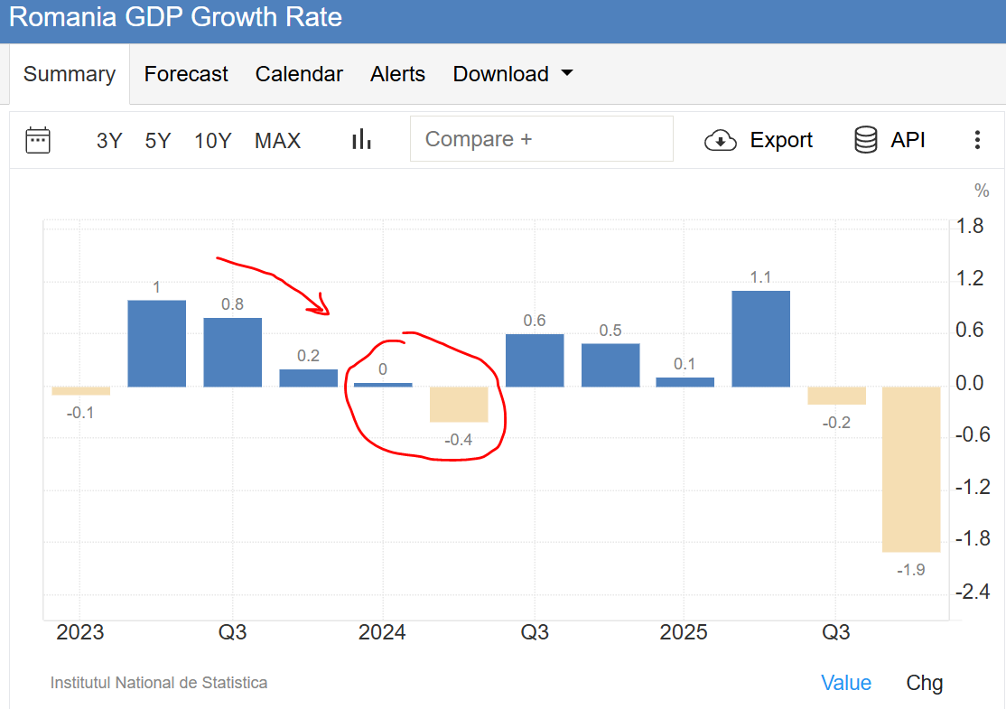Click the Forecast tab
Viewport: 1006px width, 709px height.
(x=186, y=74)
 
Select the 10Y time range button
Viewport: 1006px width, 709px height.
(x=213, y=141)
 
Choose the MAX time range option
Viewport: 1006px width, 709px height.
(x=277, y=141)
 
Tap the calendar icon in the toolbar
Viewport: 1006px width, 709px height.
(x=38, y=140)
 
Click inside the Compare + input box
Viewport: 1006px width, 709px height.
(x=541, y=139)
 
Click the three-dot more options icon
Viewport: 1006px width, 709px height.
(x=977, y=140)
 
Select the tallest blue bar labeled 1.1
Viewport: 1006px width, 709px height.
(x=760, y=339)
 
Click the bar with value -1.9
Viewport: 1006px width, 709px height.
(x=911, y=469)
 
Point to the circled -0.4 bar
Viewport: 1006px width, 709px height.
(x=459, y=404)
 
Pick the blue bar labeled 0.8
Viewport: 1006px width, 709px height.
(x=232, y=352)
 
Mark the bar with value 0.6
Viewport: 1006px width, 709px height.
(x=535, y=360)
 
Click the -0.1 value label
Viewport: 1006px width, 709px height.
(x=80, y=413)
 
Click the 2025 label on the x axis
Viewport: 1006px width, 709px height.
(x=684, y=632)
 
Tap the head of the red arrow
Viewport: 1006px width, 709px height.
(x=322, y=309)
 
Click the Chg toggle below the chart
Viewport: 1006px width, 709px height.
(x=924, y=683)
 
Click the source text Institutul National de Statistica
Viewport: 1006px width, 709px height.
(x=159, y=683)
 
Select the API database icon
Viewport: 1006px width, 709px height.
(x=865, y=140)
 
